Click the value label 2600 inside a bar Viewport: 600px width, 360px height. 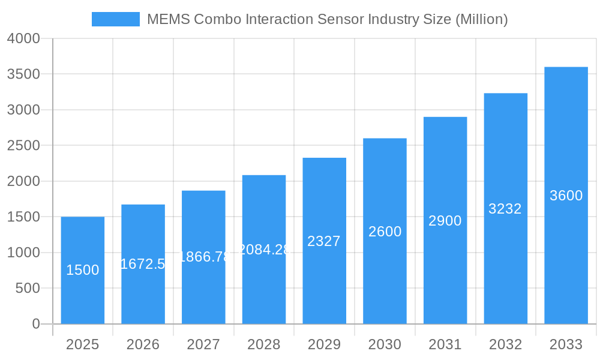pyautogui.click(x=385, y=232)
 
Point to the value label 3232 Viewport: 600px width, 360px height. pyautogui.click(x=505, y=209)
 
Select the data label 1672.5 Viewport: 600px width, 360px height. pyautogui.click(x=143, y=264)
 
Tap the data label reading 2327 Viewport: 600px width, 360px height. pyautogui.click(x=324, y=241)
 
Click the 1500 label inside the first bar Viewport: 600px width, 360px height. pyautogui.click(x=83, y=270)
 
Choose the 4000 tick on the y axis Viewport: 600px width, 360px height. pyautogui.click(x=23, y=38)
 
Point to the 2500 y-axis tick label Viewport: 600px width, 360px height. pyautogui.click(x=23, y=146)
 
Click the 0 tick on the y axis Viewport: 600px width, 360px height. pyautogui.click(x=35, y=324)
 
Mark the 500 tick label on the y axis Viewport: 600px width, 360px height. pyautogui.click(x=28, y=289)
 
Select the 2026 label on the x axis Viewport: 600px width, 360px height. pyautogui.click(x=143, y=344)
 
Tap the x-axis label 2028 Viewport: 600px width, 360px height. pyautogui.click(x=264, y=344)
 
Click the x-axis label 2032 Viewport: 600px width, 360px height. pyautogui.click(x=505, y=344)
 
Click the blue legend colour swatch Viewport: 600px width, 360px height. pyautogui.click(x=115, y=19)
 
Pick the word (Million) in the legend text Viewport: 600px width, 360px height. pyautogui.click(x=482, y=19)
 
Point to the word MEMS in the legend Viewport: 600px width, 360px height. pyautogui.click(x=165, y=19)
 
